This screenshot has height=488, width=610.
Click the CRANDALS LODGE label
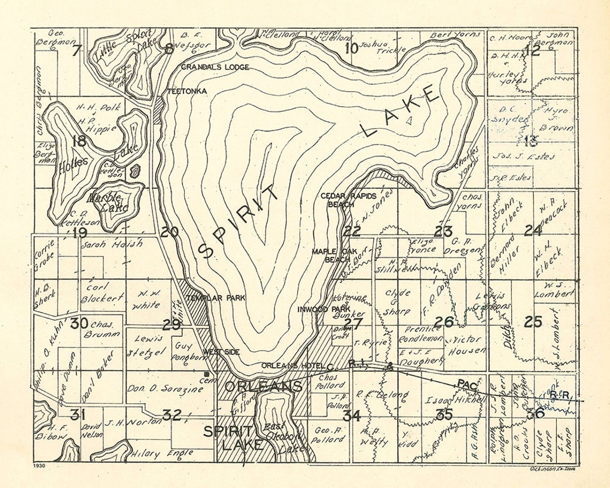(215, 67)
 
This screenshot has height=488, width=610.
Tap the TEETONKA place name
(186, 91)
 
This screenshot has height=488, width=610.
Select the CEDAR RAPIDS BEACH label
(338, 200)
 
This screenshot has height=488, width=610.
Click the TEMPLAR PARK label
(210, 297)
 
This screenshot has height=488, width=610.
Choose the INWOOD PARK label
(325, 310)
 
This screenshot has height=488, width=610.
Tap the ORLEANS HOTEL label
(291, 365)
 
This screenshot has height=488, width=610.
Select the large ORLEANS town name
(264, 386)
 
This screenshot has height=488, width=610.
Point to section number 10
(351, 49)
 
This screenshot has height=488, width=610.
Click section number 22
(352, 231)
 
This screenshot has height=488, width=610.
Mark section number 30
(79, 324)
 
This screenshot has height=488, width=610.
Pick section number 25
(533, 322)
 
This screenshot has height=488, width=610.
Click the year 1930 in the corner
(39, 467)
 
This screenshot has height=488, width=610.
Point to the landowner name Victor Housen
(467, 345)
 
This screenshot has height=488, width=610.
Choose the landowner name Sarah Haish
(112, 245)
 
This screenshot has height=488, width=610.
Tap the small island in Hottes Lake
(135, 172)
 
